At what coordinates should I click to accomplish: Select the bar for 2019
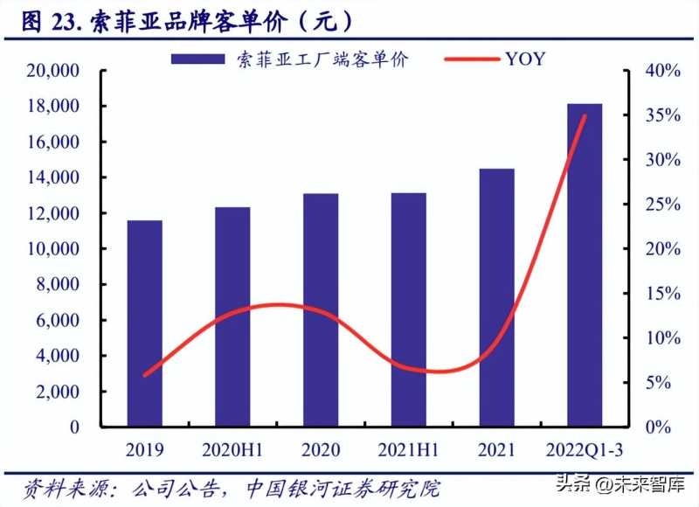pos(144,323)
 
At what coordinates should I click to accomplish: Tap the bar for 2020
pos(321,310)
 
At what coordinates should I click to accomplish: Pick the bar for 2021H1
pos(409,310)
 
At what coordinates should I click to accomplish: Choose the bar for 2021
pos(496,297)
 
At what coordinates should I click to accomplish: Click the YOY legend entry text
pos(524,59)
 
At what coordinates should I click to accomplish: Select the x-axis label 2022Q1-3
pos(585,450)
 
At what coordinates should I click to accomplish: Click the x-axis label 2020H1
pos(232,450)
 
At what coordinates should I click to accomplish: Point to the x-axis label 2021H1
pos(409,450)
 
